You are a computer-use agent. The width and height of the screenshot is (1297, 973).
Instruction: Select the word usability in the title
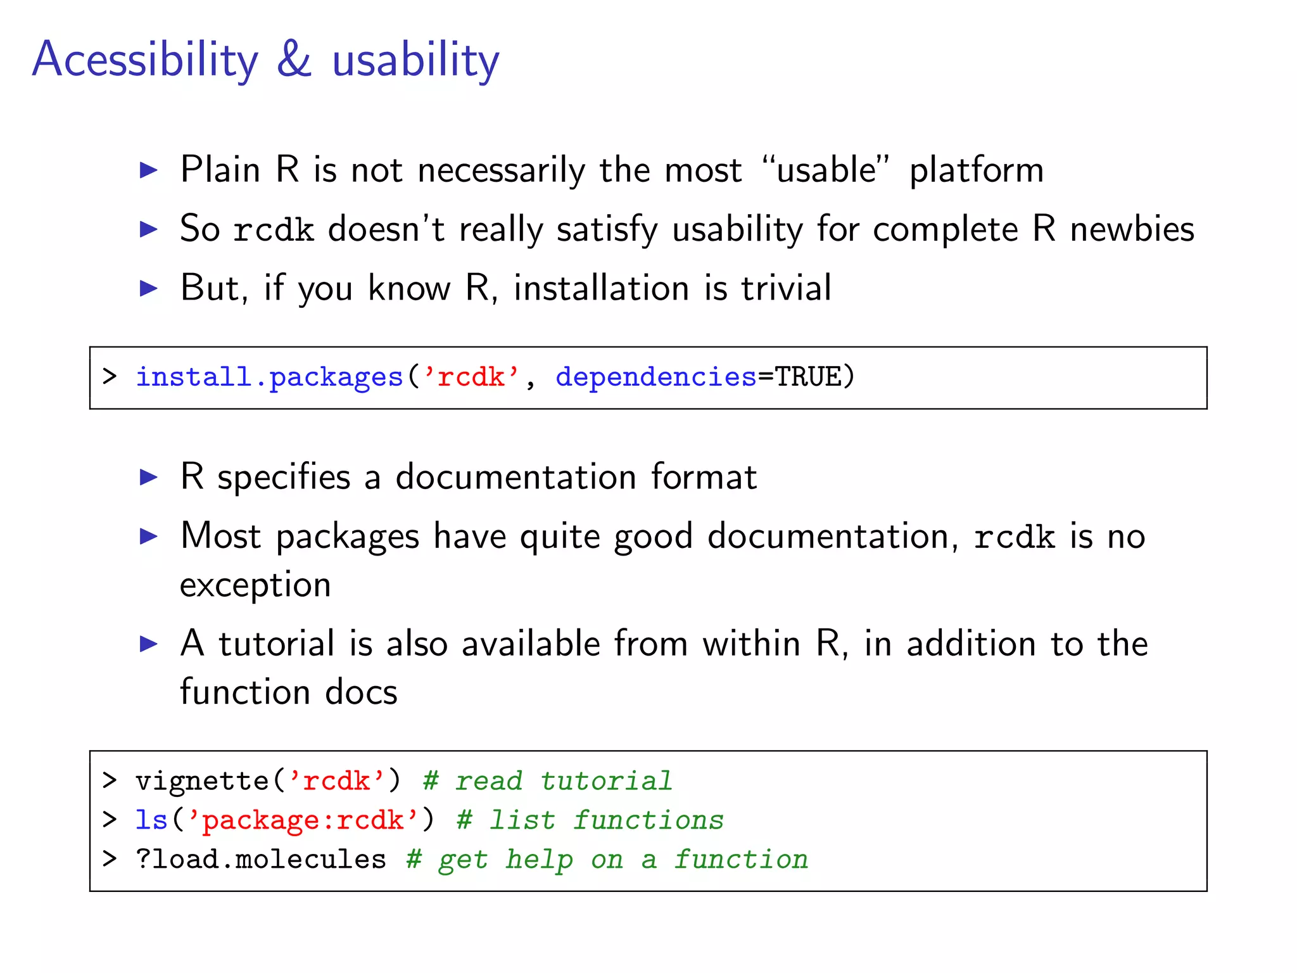pyautogui.click(x=415, y=60)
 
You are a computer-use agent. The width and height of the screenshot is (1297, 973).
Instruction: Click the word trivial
pyautogui.click(x=786, y=288)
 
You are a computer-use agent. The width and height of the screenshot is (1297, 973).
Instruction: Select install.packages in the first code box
pyautogui.click(x=270, y=377)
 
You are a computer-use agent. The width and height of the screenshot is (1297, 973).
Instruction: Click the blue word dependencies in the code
pyautogui.click(x=655, y=378)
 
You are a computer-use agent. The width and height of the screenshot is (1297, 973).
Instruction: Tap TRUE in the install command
pyautogui.click(x=807, y=377)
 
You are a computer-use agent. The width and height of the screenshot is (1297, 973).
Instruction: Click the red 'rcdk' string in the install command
pyautogui.click(x=471, y=377)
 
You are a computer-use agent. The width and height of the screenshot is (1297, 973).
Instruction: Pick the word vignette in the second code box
pyautogui.click(x=203, y=781)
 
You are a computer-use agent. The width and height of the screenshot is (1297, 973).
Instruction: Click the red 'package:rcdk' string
pyautogui.click(x=303, y=820)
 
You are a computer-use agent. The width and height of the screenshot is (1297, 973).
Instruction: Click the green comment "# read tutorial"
pyautogui.click(x=547, y=781)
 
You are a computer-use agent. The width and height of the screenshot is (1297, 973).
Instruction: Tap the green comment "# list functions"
pyautogui.click(x=590, y=820)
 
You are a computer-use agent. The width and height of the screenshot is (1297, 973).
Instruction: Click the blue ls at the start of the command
pyautogui.click(x=151, y=820)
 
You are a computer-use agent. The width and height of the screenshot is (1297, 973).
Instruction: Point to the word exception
pyautogui.click(x=255, y=585)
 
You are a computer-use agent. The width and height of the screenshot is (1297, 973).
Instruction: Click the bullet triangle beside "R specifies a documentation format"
pyautogui.click(x=148, y=477)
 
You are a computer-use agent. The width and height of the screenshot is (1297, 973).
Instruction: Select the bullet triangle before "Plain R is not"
pyautogui.click(x=148, y=170)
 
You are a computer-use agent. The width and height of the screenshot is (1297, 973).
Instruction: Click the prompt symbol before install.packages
pyautogui.click(x=110, y=377)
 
